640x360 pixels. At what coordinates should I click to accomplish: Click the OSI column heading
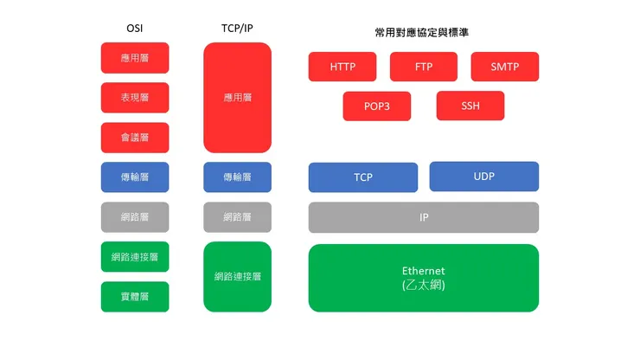click(x=135, y=28)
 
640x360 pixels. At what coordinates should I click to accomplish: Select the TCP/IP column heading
click(x=237, y=28)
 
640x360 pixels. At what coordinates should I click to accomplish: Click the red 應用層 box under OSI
click(x=135, y=58)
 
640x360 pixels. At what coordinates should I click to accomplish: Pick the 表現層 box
click(x=135, y=98)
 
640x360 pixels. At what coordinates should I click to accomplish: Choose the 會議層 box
click(x=135, y=138)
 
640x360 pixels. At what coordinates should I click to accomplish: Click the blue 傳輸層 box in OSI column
click(x=135, y=177)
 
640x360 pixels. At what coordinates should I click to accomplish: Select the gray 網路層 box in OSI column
click(x=135, y=217)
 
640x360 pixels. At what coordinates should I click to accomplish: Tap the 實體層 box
click(x=135, y=297)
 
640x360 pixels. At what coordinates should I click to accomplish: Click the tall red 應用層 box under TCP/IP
click(x=237, y=98)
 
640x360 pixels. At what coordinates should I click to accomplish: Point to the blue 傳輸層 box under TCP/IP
click(x=237, y=177)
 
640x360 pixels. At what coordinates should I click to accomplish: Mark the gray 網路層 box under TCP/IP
click(x=237, y=217)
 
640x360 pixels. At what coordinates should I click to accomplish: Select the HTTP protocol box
click(x=342, y=67)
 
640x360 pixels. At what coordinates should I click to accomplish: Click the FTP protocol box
click(x=424, y=67)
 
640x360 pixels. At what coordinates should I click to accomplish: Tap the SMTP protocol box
click(x=504, y=67)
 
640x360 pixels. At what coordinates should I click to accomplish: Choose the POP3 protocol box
click(x=376, y=106)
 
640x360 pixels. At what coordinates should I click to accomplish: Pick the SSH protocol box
click(x=470, y=106)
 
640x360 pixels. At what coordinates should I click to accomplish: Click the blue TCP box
click(x=363, y=177)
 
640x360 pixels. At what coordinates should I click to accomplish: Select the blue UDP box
click(x=484, y=177)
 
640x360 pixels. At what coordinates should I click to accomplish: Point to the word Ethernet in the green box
click(x=423, y=271)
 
